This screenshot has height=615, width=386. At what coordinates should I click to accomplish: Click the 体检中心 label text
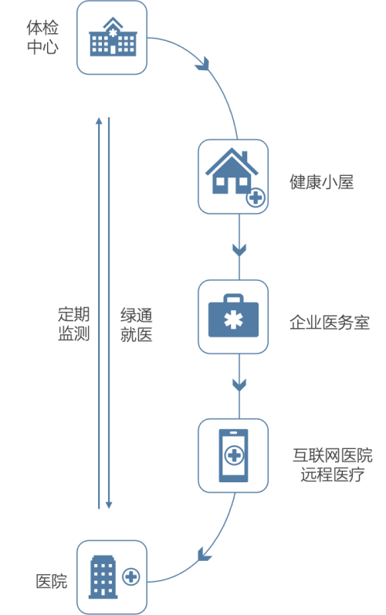[42, 37]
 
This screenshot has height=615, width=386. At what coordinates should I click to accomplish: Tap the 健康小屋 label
[322, 182]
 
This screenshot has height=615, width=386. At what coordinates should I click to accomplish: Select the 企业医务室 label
[330, 323]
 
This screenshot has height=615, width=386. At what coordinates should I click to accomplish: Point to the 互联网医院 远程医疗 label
[333, 465]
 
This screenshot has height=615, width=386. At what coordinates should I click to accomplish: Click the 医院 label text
[52, 581]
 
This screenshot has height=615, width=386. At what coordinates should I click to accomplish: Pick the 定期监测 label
[74, 324]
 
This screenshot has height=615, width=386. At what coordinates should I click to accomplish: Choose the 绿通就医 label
[136, 325]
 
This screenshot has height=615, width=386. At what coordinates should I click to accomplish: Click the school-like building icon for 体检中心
[113, 36]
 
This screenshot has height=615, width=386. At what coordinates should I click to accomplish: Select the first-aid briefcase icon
[233, 316]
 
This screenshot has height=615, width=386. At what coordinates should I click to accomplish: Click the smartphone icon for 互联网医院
[233, 455]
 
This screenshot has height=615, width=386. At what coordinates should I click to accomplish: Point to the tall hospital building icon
[103, 577]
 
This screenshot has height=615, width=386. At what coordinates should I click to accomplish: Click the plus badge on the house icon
[256, 198]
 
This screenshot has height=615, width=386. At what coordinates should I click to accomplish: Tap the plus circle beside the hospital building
[131, 577]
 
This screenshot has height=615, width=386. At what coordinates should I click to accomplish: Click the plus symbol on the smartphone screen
[234, 455]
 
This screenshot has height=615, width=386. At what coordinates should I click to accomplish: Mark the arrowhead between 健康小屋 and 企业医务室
[239, 249]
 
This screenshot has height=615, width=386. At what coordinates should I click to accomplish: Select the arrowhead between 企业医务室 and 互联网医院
[239, 385]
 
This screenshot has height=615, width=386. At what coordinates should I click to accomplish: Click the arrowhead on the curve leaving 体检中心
[203, 64]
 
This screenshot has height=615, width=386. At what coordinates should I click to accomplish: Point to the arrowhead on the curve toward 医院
[203, 555]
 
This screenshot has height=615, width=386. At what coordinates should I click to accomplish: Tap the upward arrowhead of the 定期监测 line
[99, 120]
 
